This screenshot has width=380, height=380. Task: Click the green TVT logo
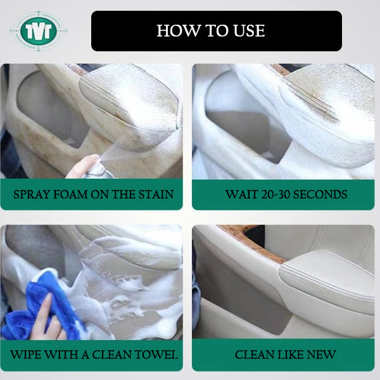(x=39, y=31)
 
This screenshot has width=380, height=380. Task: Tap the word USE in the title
(x=249, y=31)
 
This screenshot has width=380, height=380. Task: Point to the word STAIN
(x=156, y=194)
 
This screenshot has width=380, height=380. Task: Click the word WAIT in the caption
(x=242, y=194)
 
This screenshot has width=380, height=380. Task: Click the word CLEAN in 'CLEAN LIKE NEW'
(x=255, y=355)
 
